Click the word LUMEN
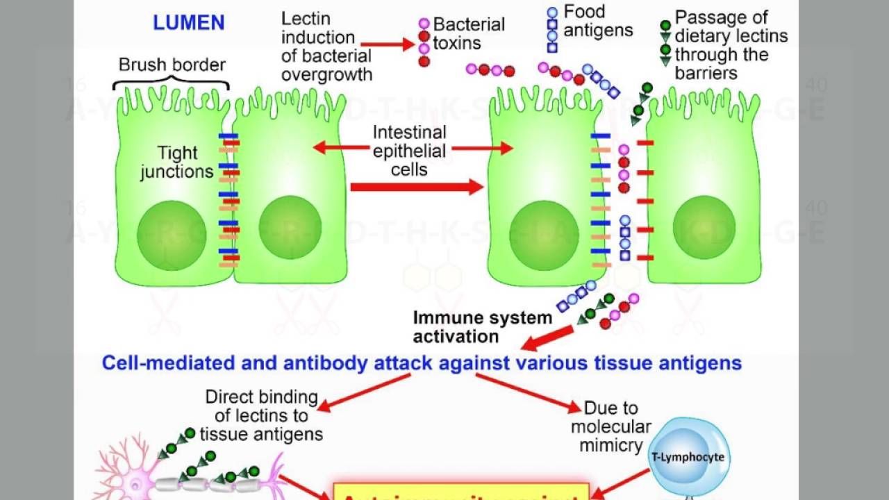(x=189, y=23)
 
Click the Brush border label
(x=172, y=65)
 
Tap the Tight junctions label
(x=176, y=162)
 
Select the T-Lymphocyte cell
(x=688, y=457)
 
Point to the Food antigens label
(x=597, y=21)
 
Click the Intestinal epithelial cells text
(x=410, y=151)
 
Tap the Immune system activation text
(x=482, y=327)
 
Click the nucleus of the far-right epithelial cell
(x=704, y=228)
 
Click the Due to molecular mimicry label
(x=611, y=426)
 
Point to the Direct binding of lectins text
(x=261, y=415)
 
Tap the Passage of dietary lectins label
(x=731, y=45)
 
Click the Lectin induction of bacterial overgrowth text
(x=326, y=47)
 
